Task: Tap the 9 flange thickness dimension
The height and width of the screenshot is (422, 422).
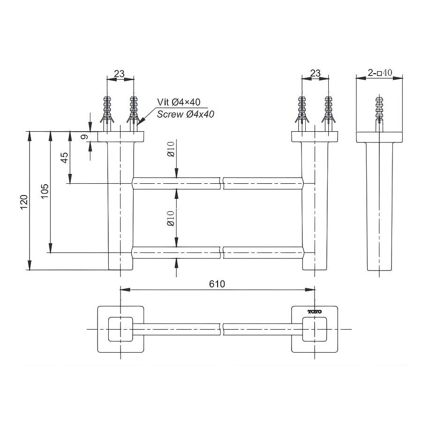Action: pyautogui.click(x=84, y=137)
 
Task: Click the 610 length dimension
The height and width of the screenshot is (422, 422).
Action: pyautogui.click(x=217, y=284)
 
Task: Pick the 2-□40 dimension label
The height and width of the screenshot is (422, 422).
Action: pyautogui.click(x=380, y=73)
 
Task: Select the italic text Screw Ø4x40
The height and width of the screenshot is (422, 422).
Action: pyautogui.click(x=185, y=114)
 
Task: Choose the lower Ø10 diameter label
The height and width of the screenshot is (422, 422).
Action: pyautogui.click(x=170, y=218)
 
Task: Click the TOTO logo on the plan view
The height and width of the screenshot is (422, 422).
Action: pyautogui.click(x=314, y=311)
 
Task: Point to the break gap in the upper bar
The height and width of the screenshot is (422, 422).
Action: pyautogui.click(x=222, y=183)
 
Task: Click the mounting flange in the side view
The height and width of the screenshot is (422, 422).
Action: pyautogui.click(x=380, y=137)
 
